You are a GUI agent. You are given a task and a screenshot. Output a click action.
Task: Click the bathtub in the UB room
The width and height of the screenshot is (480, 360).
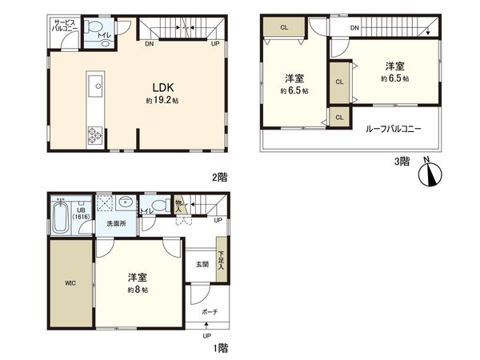pyautogui.click(x=60, y=218)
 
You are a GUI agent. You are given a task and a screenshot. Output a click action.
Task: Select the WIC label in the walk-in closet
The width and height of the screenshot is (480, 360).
pyautogui.click(x=70, y=282)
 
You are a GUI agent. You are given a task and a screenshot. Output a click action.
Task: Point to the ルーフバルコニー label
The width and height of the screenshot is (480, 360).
pyautogui.click(x=393, y=129)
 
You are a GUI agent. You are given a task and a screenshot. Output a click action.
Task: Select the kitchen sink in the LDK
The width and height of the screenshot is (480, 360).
pyautogui.click(x=94, y=84)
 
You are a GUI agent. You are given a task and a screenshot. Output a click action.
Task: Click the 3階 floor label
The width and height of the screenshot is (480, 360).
pyautogui.click(x=402, y=160)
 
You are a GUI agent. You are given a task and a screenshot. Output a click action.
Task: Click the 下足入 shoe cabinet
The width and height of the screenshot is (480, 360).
pyautogui.click(x=222, y=260)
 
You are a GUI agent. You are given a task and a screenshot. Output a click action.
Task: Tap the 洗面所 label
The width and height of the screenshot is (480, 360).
pyautogui.click(x=117, y=224)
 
